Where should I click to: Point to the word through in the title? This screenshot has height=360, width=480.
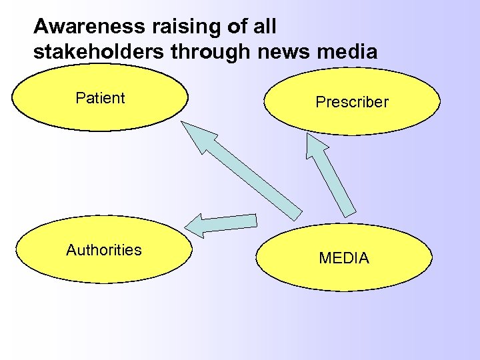(x=205, y=51)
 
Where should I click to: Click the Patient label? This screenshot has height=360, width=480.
(x=100, y=98)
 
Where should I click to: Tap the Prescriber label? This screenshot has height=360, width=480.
(x=351, y=102)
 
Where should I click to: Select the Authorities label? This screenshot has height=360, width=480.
(x=103, y=250)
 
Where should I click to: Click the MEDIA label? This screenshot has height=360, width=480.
(x=343, y=258)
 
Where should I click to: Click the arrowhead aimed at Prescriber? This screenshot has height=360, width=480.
(x=315, y=147)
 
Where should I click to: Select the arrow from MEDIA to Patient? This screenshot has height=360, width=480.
(x=253, y=179)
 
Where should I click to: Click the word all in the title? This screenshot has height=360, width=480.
(x=261, y=27)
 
